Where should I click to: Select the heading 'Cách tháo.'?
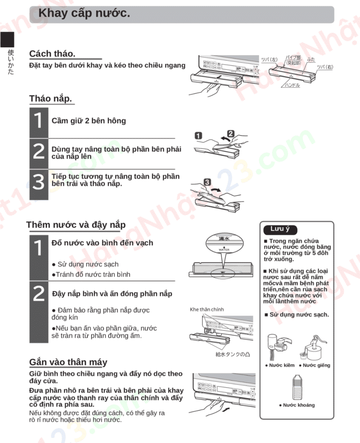click(x=52, y=54)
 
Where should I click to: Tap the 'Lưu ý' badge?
click(x=280, y=229)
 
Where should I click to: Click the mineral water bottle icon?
click(x=297, y=387)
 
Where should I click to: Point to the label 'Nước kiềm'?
click(x=280, y=365)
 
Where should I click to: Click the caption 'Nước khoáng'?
click(x=297, y=405)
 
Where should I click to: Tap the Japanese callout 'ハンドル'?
click(x=292, y=85)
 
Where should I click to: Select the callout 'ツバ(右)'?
click(x=325, y=67)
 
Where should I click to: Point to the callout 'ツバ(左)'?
click(x=269, y=60)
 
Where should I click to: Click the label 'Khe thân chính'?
click(x=207, y=310)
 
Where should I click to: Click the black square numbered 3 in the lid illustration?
click(x=207, y=182)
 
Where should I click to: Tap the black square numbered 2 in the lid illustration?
click(x=230, y=133)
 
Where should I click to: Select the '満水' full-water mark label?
click(x=224, y=239)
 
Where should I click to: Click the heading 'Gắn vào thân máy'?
click(x=68, y=362)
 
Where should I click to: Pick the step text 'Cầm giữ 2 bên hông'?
click(x=88, y=121)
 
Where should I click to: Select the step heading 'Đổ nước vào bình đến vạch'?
click(x=102, y=243)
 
